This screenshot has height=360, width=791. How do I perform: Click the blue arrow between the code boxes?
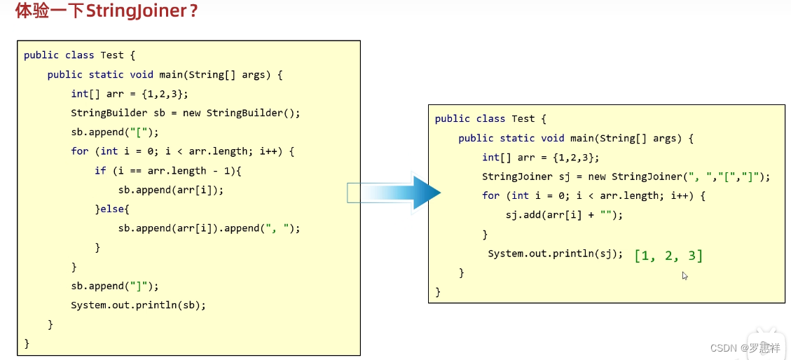pos(394,193)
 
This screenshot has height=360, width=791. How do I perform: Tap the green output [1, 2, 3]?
pos(668,256)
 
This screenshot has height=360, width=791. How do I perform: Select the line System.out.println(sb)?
pos(138,305)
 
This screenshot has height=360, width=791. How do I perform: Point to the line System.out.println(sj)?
pos(555,254)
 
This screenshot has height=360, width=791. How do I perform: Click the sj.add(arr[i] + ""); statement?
pos(563,215)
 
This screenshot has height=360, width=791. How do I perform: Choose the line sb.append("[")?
pos(115,132)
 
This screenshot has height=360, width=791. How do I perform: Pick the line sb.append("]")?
pos(115,286)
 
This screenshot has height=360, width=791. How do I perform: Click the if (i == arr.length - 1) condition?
pos(167,170)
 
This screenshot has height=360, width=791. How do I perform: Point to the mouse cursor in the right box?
pos(685,275)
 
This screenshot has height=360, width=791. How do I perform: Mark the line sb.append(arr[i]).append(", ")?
pos(209,228)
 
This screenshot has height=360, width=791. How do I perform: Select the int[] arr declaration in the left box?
pos(130,94)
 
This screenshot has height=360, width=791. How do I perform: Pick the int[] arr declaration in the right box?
pos(540,158)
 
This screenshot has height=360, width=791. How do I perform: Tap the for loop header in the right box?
pos(593,195)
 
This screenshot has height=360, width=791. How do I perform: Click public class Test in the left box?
pos(74,55)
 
